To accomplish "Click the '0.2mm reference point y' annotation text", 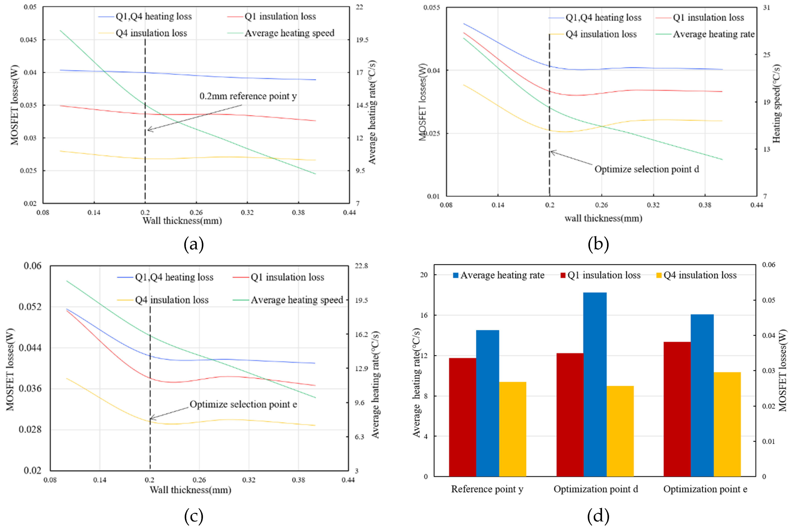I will (248, 96).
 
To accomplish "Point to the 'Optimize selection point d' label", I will (646, 169).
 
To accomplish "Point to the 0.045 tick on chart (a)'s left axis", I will (28, 40).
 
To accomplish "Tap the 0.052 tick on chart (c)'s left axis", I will (30, 307).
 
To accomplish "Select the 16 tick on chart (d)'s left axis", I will (423, 315).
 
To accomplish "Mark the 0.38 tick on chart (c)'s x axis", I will (298, 480).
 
